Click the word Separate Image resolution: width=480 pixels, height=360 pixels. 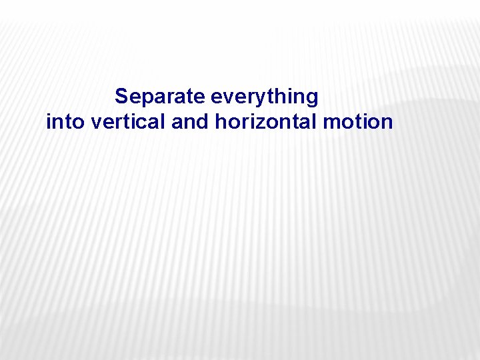click(160, 97)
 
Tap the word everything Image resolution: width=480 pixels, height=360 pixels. click(265, 97)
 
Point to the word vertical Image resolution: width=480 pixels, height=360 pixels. click(126, 122)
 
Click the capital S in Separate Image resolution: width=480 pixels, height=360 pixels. click(121, 97)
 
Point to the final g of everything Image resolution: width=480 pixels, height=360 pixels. click(312, 98)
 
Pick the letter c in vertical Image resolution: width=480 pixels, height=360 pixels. click(145, 123)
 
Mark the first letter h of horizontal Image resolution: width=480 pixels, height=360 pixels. click(221, 122)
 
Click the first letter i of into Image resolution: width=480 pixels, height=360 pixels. click(48, 122)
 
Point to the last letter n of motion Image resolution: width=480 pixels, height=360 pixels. click(387, 123)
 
